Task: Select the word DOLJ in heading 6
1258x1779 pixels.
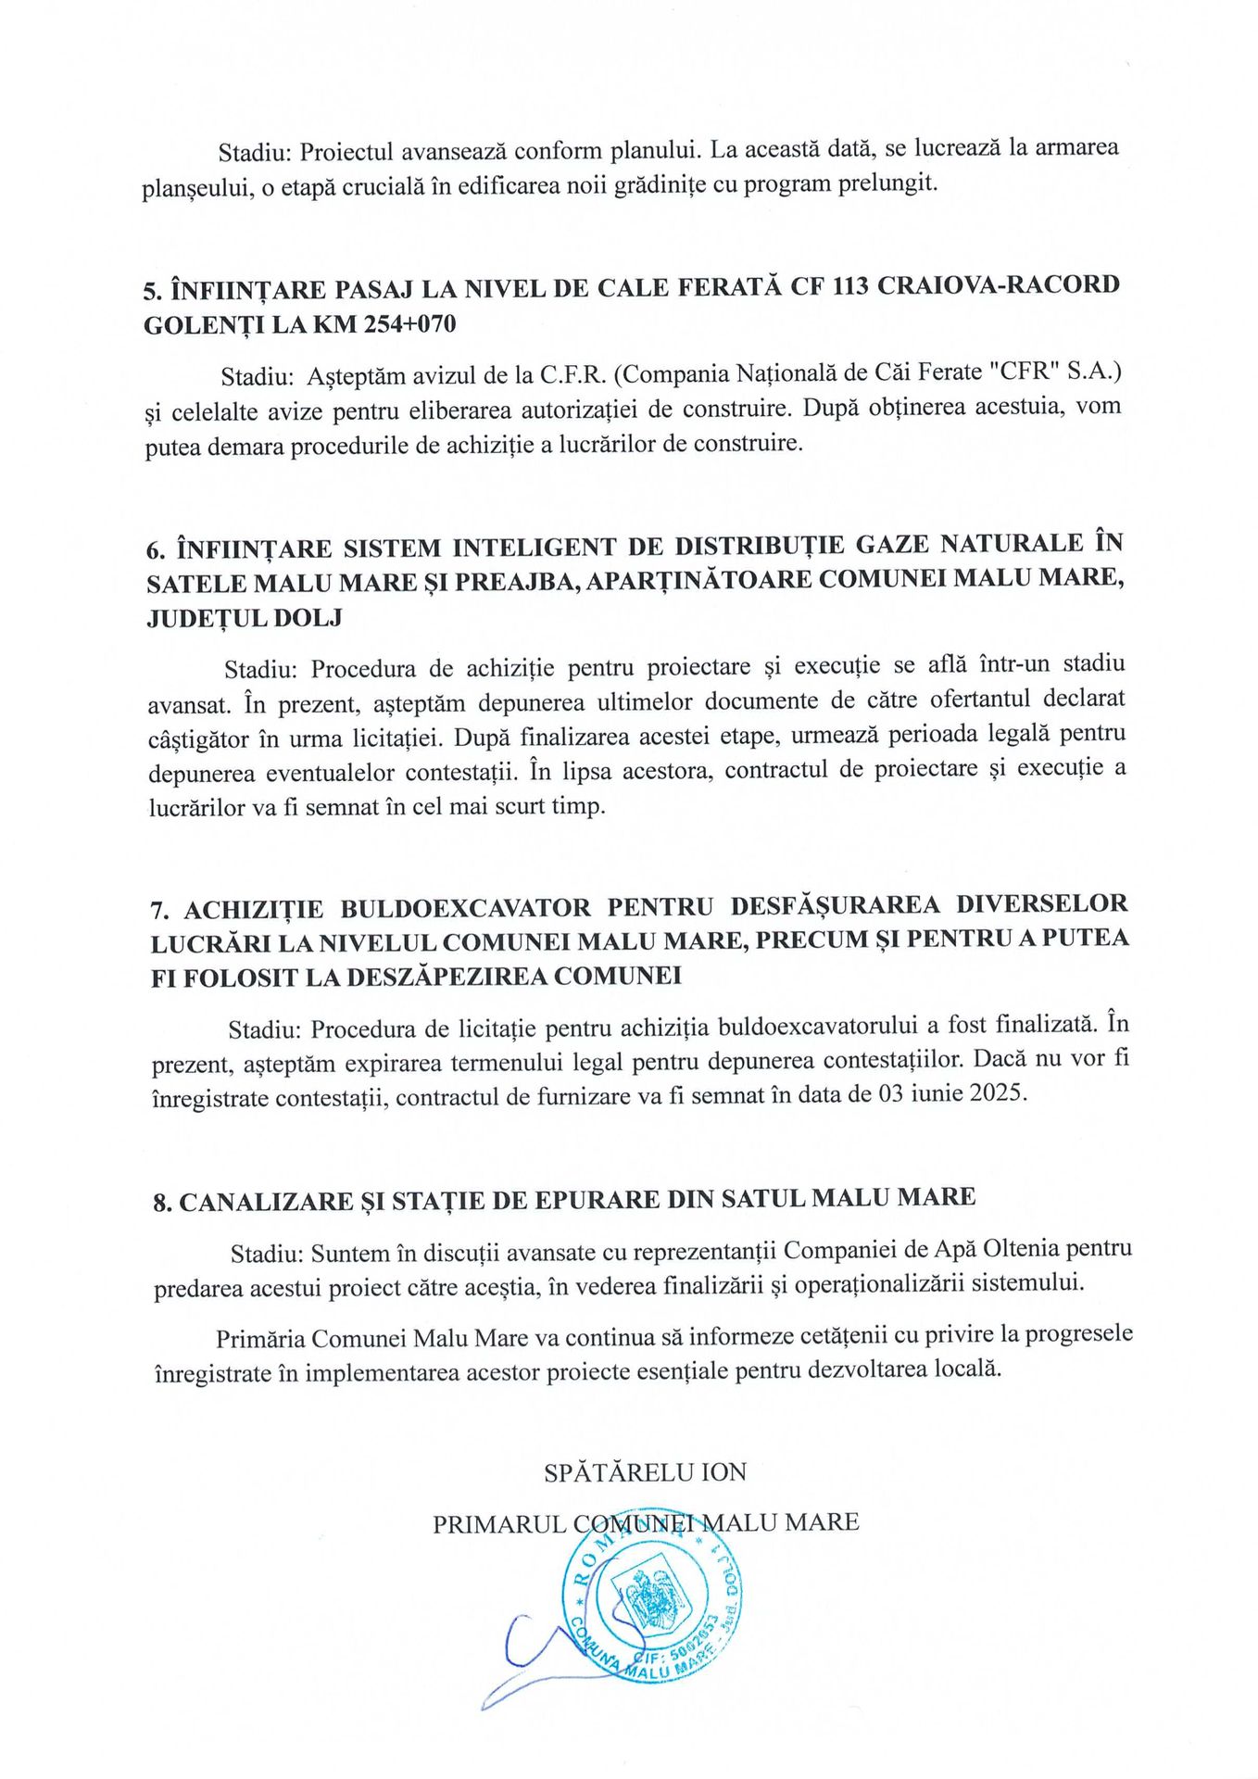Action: [x=308, y=617]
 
